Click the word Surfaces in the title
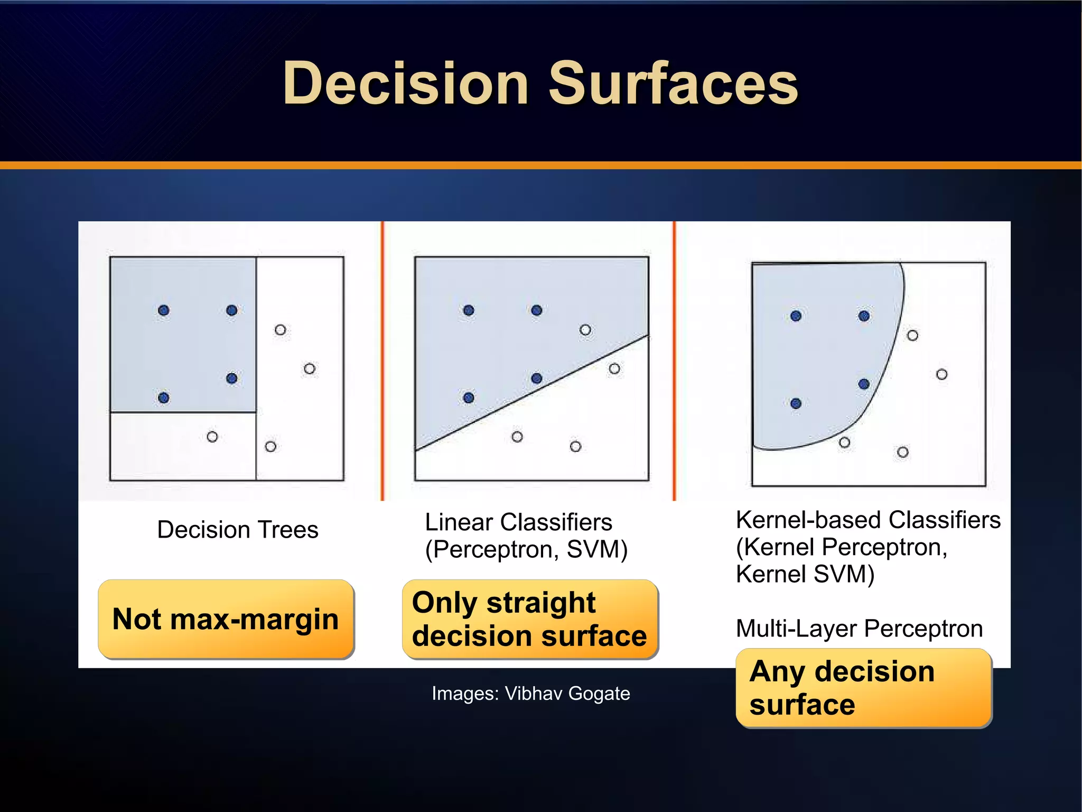673,84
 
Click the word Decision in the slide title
405,84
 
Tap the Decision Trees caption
238,530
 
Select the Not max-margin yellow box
226,619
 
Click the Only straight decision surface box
530,619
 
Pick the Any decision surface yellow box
863,688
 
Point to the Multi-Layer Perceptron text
859,629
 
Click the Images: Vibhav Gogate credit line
530,693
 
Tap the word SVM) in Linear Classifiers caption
597,549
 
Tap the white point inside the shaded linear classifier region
585,330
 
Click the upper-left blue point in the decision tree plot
164,310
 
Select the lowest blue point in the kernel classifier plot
796,404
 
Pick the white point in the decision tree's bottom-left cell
212,437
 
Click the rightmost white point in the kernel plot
941,374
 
